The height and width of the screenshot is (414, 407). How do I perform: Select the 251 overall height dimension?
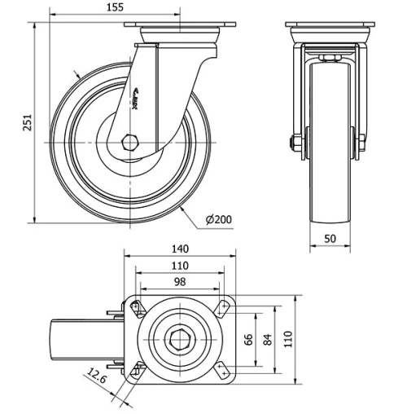[28, 122]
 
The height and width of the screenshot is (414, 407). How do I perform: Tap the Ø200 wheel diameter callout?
[218, 220]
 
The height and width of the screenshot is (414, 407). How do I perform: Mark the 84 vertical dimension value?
[267, 337]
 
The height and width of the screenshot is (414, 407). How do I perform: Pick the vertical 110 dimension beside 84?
[287, 337]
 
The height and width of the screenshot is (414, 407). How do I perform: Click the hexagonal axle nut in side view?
[130, 143]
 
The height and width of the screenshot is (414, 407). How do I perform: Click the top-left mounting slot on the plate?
[137, 309]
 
